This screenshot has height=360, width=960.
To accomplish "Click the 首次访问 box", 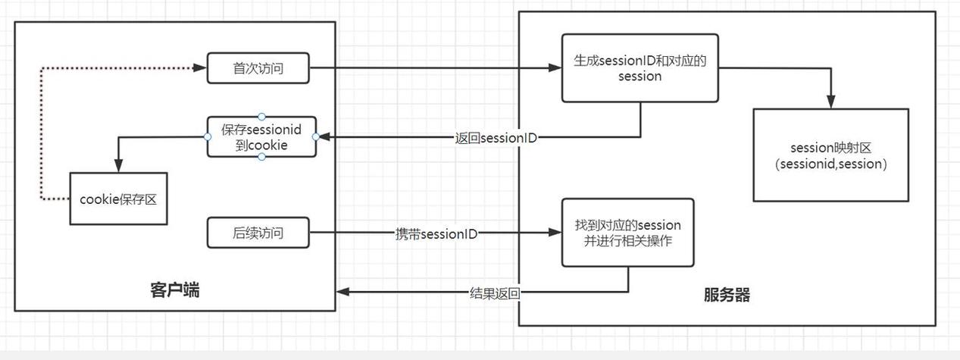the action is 258,67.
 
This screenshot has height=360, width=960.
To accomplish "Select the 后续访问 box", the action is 258,233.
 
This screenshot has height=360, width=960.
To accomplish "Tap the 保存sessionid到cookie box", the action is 261,136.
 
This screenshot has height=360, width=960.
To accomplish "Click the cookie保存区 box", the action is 118,199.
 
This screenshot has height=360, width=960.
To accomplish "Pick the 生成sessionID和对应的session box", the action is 639,68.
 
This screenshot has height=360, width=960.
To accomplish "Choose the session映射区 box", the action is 831,155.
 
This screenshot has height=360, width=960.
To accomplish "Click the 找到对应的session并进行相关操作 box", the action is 628,233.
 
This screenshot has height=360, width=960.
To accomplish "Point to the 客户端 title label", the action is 175,290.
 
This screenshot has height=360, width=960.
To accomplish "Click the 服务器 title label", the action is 727,295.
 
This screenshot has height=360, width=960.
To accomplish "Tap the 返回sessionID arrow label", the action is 496,138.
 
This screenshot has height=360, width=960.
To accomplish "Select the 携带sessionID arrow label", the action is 436,233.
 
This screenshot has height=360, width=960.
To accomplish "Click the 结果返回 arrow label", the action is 495,293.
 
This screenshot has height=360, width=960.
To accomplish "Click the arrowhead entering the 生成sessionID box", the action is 555,67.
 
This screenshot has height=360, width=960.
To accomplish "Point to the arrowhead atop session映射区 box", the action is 831,102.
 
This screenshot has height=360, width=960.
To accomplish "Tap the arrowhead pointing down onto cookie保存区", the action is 119,166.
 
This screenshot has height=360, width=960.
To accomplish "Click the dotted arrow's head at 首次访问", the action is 200,67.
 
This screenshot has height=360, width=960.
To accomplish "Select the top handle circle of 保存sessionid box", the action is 261,117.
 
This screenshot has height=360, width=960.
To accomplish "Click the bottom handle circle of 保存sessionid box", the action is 261,157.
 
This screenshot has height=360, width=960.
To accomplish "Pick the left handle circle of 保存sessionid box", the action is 208,136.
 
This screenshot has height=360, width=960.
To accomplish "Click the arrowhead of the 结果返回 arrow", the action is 342,292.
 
